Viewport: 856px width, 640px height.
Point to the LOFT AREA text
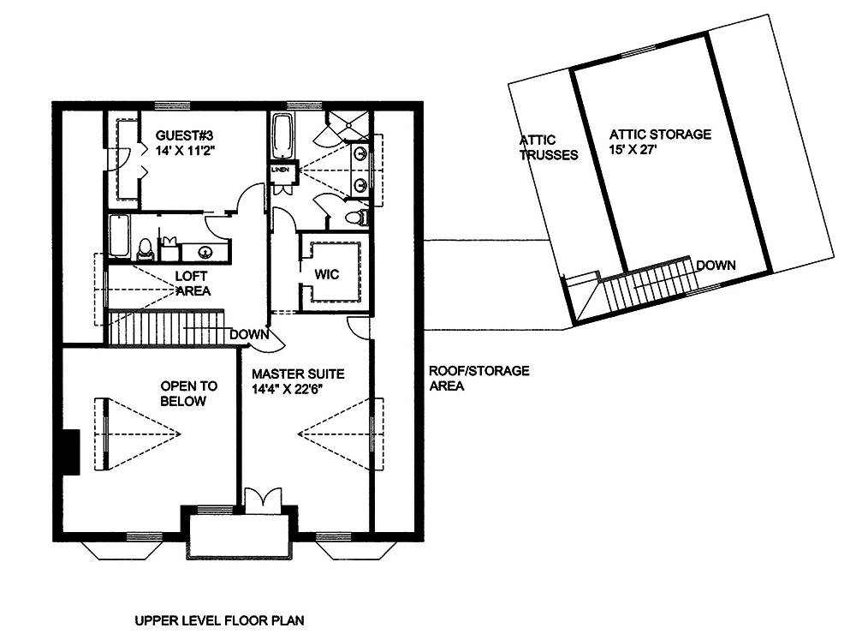click(193, 284)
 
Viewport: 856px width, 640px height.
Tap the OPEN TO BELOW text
click(183, 394)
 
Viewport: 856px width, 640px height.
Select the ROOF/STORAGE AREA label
click(479, 378)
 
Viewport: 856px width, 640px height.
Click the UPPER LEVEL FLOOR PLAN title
click(220, 619)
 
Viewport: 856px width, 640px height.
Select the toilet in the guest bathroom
click(145, 248)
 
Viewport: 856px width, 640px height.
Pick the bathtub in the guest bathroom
click(119, 236)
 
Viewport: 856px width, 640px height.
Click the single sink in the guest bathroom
click(206, 252)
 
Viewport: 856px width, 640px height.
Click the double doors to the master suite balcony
click(258, 501)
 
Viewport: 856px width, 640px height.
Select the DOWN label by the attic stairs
click(715, 266)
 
